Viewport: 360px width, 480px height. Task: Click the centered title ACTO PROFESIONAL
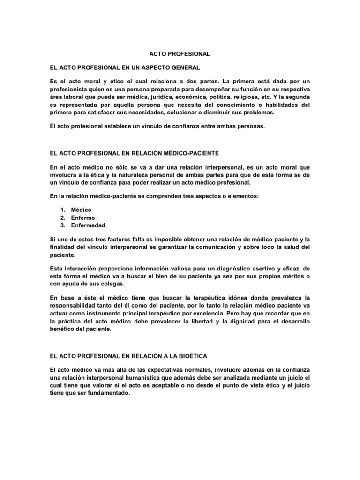(x=180, y=54)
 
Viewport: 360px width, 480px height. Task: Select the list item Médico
(x=81, y=210)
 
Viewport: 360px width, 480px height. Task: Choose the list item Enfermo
(x=82, y=217)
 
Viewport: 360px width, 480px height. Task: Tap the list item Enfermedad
(x=88, y=225)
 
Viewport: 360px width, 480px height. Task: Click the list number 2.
(x=61, y=217)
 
